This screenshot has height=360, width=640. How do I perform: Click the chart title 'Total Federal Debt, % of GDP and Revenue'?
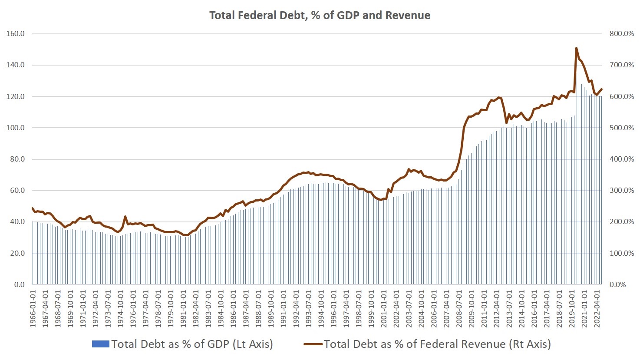click(320, 16)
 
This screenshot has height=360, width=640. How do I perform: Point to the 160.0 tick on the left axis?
click(16, 34)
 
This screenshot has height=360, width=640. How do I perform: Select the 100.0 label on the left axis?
click(16, 128)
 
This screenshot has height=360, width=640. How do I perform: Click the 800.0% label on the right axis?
click(622, 34)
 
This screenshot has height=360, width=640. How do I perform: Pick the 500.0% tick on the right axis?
click(622, 128)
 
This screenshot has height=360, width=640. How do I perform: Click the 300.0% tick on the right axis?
click(622, 191)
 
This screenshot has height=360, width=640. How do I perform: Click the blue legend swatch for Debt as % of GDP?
click(101, 344)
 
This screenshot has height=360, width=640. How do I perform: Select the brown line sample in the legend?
click(313, 344)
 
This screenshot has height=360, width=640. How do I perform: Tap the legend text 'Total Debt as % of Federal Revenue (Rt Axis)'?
click(437, 344)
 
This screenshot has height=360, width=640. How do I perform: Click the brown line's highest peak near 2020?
click(576, 48)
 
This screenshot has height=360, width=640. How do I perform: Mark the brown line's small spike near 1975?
click(125, 216)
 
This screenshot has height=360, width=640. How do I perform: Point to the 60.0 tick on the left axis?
click(16, 191)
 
